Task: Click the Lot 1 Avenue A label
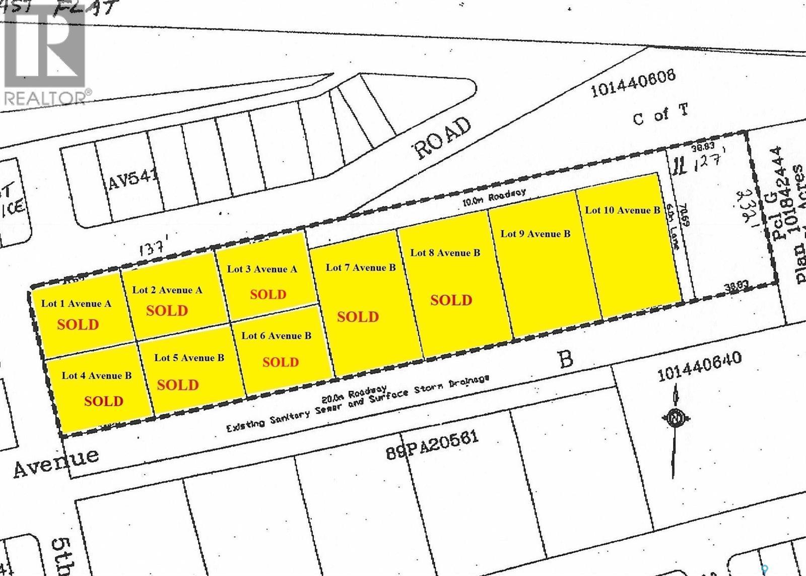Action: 76,303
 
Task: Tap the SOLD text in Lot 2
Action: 167,310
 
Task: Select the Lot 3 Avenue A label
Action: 262,269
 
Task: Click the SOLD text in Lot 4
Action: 104,401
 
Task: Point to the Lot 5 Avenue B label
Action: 189,358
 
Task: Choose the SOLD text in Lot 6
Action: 281,362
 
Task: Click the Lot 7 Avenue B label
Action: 361,267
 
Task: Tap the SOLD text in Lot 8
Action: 451,300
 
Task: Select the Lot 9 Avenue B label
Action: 535,233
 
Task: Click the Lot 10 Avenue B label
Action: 622,210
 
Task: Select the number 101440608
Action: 633,84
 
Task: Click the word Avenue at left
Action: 55,461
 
